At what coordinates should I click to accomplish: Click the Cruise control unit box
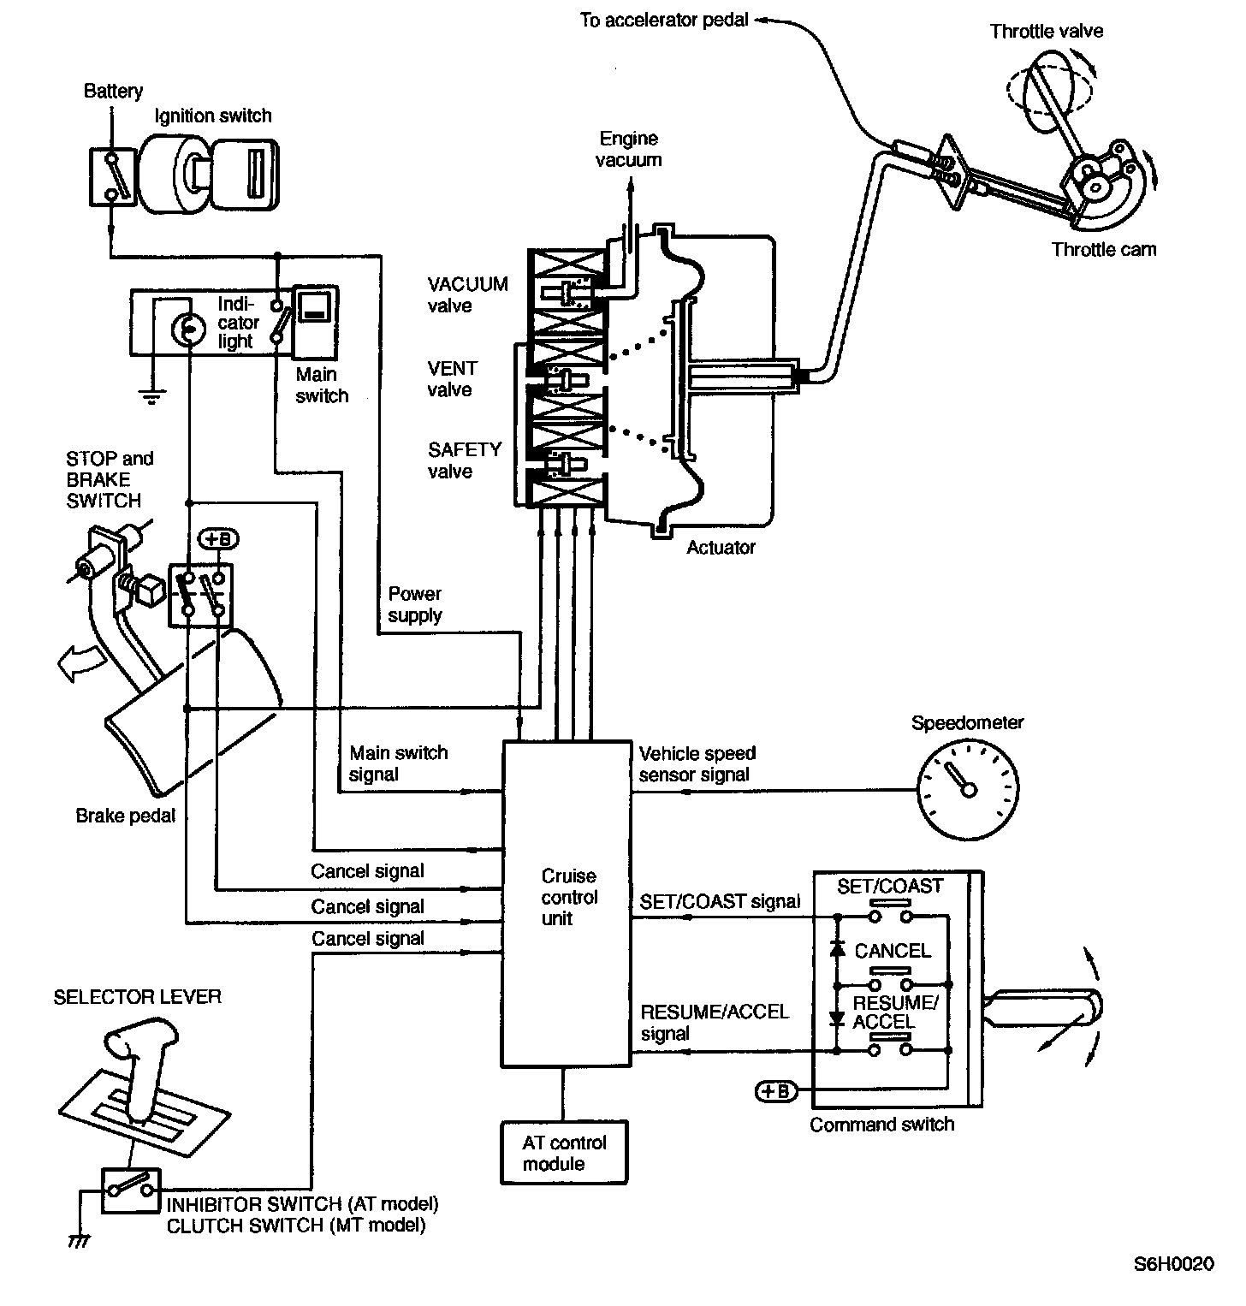tap(566, 903)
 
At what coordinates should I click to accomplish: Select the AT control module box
tap(564, 1153)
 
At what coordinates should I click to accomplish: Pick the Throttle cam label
tap(1103, 250)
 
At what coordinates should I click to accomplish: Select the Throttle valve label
tap(1046, 32)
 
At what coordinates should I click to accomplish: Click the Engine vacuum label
tap(629, 149)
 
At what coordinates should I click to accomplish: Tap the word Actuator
tap(721, 548)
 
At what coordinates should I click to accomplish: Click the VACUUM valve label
tap(468, 294)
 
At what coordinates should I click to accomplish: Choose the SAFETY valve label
tap(465, 460)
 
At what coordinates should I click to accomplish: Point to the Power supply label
tap(415, 604)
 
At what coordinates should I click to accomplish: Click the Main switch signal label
tap(398, 763)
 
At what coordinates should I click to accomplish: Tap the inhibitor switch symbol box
tap(130, 1190)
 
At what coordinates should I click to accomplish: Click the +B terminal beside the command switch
tap(775, 1091)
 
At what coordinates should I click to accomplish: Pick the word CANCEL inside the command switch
tap(892, 951)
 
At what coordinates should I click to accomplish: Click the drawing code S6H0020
tap(1173, 1265)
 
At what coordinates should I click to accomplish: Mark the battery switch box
tap(111, 176)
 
